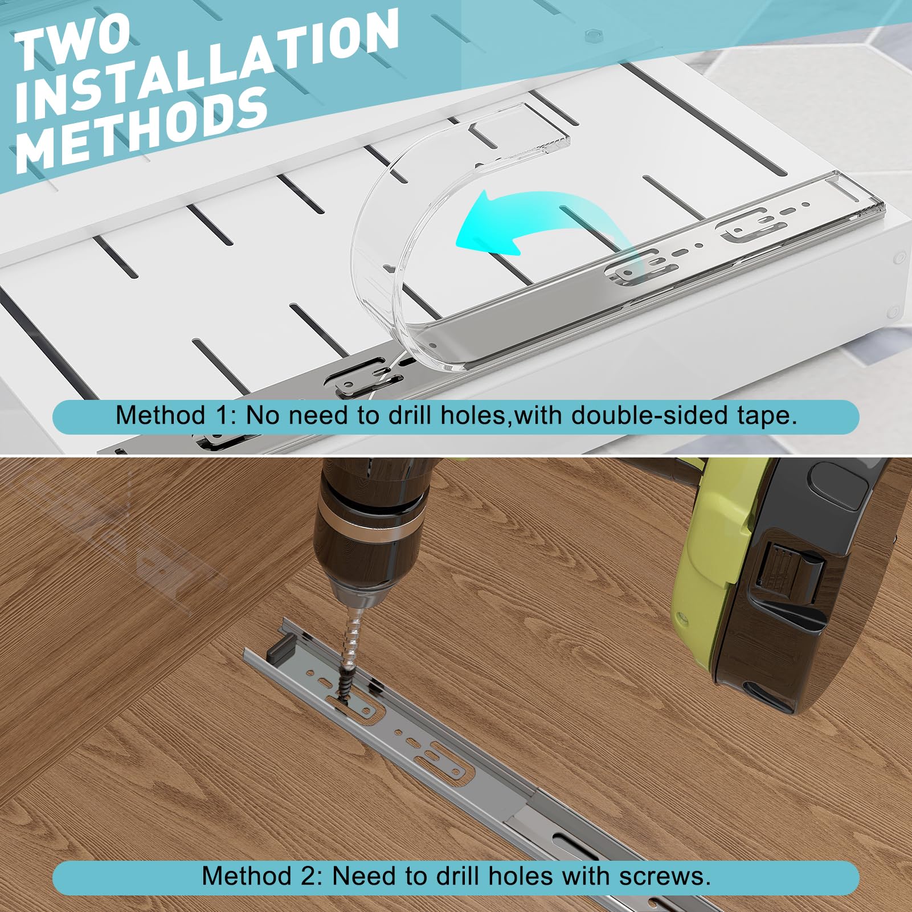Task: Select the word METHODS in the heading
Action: click(x=142, y=129)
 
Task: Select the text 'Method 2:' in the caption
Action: click(x=263, y=876)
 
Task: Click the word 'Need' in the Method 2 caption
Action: click(x=365, y=876)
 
